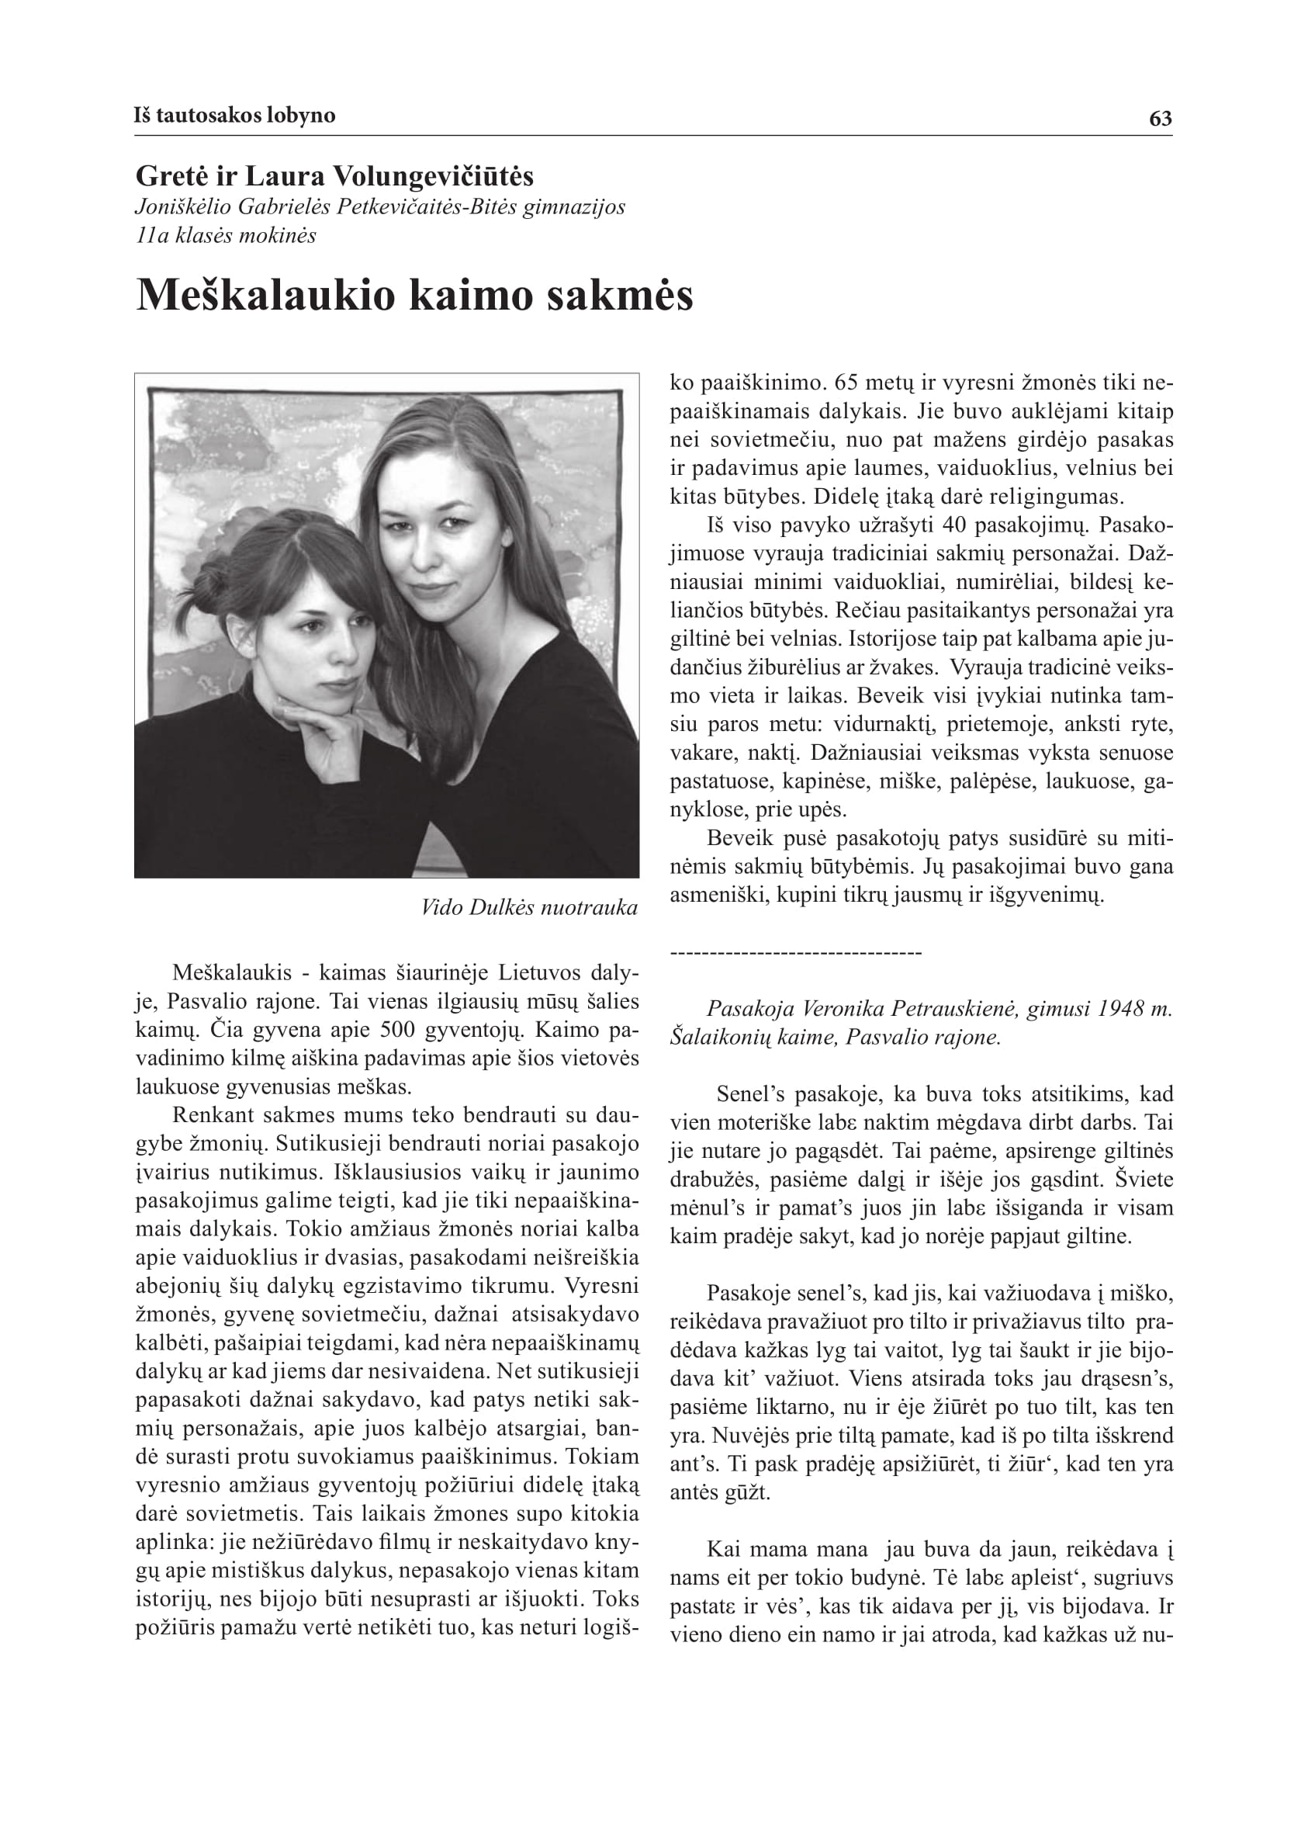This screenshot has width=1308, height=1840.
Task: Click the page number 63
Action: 1160,120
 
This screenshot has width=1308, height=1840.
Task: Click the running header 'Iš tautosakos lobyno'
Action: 234,115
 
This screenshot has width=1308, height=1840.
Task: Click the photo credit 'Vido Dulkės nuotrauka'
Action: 529,908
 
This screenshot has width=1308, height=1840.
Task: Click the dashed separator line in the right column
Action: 796,954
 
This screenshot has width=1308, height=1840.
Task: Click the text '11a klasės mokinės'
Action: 226,236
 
